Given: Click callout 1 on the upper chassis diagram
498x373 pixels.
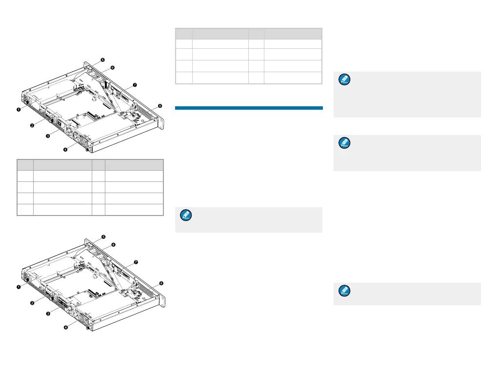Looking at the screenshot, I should coord(19,110).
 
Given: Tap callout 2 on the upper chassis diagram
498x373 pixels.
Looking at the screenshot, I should coord(32,125).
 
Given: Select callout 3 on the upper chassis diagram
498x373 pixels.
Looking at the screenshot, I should coord(48,137).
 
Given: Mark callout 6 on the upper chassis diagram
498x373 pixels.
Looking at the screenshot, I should coord(112,68).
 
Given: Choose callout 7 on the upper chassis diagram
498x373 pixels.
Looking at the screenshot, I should coord(135,85).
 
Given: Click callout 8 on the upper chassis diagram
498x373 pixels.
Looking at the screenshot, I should coord(161,106).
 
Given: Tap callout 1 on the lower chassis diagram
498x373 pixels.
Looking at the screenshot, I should coord(19,287).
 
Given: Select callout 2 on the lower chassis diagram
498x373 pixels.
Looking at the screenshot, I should coord(32,303).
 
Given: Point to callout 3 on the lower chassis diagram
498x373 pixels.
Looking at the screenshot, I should coord(48,314).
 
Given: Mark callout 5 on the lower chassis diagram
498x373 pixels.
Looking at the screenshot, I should coord(103,236).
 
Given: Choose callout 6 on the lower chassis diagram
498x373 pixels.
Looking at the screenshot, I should coord(113,245).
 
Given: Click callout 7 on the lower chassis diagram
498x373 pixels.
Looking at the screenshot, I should coord(136,262).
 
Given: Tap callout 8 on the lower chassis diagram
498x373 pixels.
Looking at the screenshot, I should coord(161,283).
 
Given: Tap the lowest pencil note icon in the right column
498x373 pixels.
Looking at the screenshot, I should coord(345,292).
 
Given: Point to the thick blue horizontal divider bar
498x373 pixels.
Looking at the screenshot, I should coord(249,108).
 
